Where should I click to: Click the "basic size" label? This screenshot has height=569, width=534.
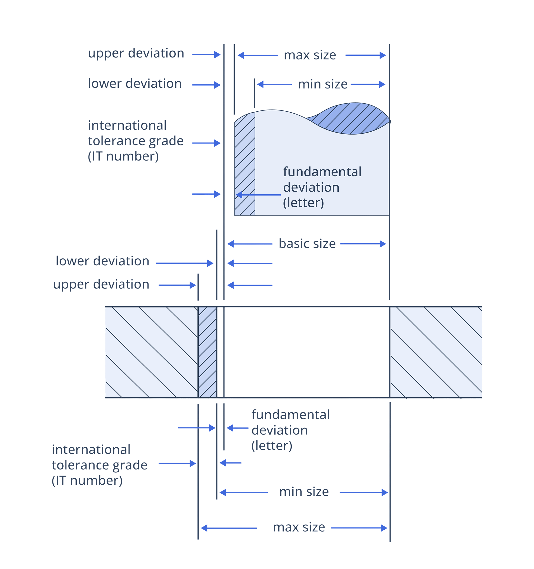tap(307, 244)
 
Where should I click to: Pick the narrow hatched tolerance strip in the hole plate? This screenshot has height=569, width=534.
tap(207, 352)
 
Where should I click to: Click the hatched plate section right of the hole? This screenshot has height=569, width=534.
tap(436, 352)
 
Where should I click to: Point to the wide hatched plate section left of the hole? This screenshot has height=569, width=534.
tap(152, 352)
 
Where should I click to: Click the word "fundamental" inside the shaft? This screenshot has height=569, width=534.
tap(322, 172)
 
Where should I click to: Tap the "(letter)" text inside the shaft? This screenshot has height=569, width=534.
tap(303, 203)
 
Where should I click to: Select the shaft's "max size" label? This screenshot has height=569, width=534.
tap(310, 55)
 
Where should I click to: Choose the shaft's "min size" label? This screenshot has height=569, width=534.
tap(323, 84)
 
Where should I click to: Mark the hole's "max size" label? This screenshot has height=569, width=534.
tap(299, 527)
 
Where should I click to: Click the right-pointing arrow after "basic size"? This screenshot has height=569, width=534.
tap(363, 244)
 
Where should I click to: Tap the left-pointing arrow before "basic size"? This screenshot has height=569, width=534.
tap(249, 244)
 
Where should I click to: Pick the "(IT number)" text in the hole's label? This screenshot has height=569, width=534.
tap(87, 480)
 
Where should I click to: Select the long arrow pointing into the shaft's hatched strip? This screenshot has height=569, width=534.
tap(258, 195)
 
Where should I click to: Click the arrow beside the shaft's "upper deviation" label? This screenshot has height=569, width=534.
tap(206, 55)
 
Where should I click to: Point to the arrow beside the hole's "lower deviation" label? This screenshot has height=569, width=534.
tap(185, 263)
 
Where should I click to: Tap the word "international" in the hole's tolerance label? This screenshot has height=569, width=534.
tap(91, 450)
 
